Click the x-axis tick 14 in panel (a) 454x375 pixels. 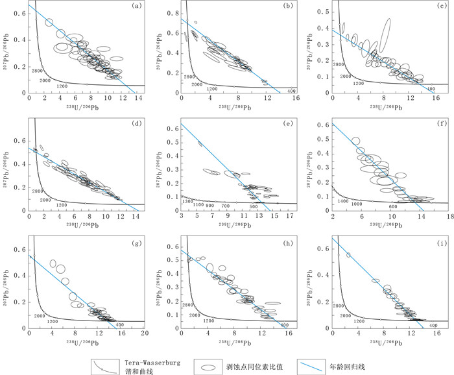tap(139, 98)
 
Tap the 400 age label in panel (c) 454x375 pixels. tap(431, 88)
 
